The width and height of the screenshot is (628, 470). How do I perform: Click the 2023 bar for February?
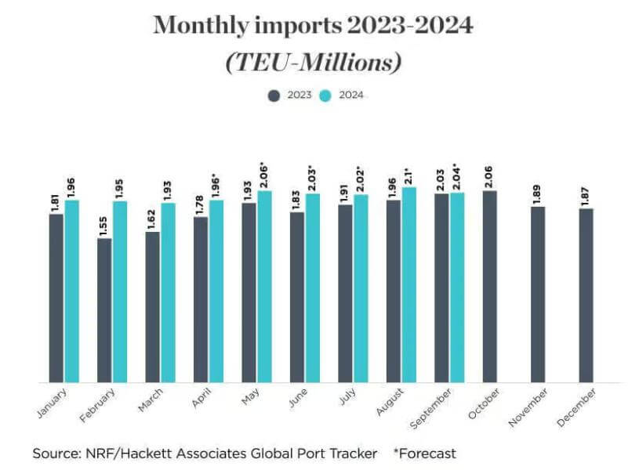[104, 310]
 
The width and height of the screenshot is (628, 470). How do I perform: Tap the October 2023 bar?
[490, 286]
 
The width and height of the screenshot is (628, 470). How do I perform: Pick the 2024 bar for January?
[72, 291]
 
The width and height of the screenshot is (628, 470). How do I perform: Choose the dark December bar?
[586, 295]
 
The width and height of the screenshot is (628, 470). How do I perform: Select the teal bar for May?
[265, 286]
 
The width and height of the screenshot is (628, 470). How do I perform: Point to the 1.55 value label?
[104, 222]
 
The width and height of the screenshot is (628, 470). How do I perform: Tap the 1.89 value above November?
[538, 192]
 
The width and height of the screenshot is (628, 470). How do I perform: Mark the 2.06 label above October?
[490, 175]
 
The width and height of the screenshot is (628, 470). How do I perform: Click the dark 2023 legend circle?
[274, 96]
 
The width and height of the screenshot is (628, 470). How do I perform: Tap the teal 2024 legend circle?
[329, 96]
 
